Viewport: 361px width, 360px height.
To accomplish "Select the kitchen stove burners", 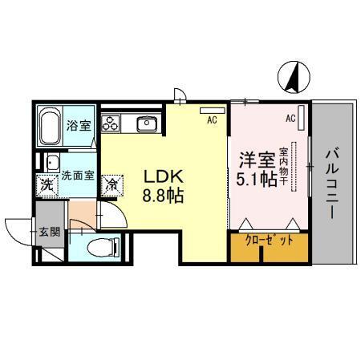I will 111,124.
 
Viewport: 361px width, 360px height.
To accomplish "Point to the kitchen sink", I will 147,123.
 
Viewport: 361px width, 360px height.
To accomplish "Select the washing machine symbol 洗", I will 47,184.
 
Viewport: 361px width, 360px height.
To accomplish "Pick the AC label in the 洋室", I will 290,119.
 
